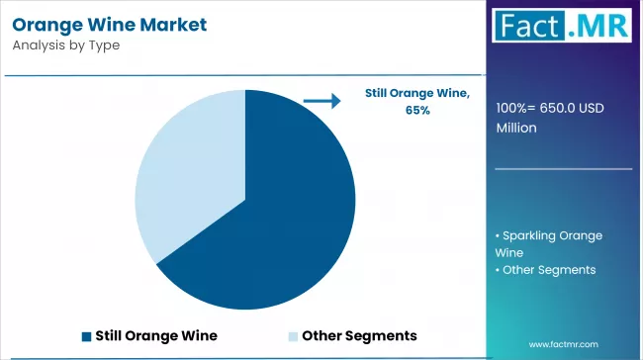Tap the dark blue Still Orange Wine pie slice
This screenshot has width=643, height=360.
pyautogui.click(x=277, y=218)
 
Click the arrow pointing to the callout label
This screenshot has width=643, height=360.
pyautogui.click(x=319, y=99)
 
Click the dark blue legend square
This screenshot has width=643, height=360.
pyautogui.click(x=86, y=335)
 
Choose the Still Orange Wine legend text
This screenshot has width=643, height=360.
pyautogui.click(x=156, y=335)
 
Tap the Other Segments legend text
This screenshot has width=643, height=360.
pyautogui.click(x=359, y=335)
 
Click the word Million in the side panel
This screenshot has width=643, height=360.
pyautogui.click(x=517, y=129)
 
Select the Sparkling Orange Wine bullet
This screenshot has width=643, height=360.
pyautogui.click(x=548, y=243)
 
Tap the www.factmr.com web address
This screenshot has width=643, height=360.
pyautogui.click(x=563, y=343)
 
